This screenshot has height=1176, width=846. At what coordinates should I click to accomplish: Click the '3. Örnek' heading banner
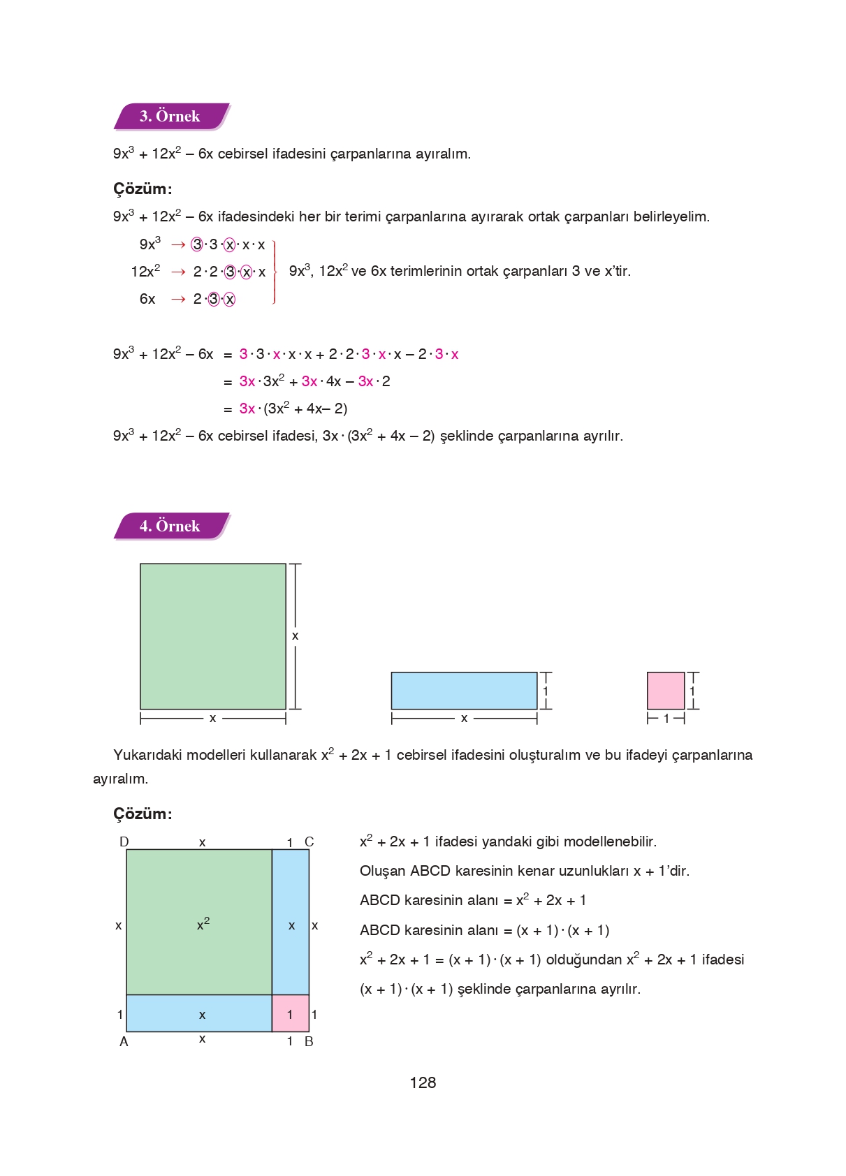[170, 117]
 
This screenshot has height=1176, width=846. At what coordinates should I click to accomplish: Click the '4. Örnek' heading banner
[170, 527]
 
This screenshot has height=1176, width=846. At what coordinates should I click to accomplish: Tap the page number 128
[423, 1082]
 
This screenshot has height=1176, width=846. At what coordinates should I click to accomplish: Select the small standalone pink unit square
[665, 691]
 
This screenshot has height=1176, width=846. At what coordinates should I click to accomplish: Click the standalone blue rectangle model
[464, 691]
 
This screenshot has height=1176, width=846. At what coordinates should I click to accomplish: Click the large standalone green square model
[212, 636]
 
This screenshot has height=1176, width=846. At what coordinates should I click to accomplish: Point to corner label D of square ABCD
[124, 841]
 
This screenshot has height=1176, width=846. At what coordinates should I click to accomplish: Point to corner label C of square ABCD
[309, 841]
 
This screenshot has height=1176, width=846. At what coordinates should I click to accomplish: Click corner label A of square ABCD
[124, 1041]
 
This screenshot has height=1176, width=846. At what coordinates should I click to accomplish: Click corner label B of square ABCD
[309, 1041]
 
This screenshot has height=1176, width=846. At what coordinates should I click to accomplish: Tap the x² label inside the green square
[203, 925]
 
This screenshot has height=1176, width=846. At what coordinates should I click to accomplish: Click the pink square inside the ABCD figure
[290, 1013]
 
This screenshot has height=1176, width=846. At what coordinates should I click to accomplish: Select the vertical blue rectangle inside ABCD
[290, 922]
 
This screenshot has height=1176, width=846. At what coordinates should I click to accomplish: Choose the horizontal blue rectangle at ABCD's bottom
[199, 1013]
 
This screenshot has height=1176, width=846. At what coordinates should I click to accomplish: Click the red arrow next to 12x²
[178, 272]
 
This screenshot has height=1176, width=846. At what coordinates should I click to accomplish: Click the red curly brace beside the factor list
[275, 272]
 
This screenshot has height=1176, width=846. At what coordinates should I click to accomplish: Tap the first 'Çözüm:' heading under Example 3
[143, 189]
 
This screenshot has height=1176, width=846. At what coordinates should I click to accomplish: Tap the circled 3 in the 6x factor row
[214, 299]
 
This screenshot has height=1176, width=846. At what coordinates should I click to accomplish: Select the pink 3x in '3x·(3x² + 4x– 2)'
[247, 409]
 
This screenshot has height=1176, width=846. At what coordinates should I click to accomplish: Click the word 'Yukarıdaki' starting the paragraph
[147, 755]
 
